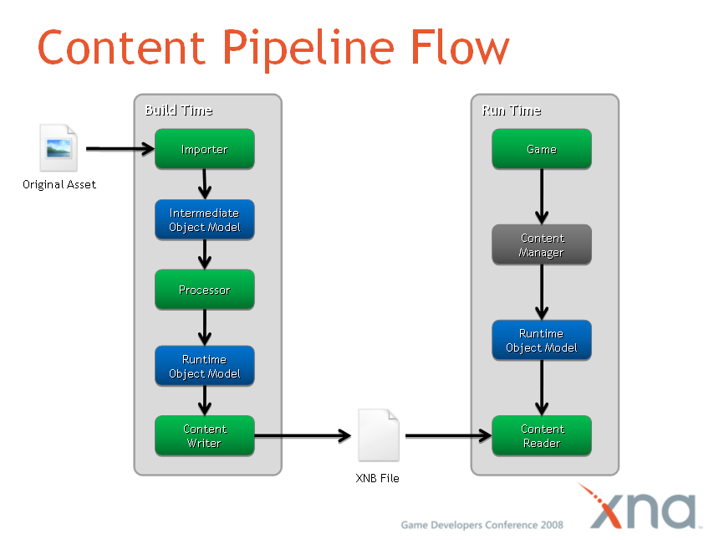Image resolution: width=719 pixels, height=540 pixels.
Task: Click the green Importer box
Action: tap(204, 149)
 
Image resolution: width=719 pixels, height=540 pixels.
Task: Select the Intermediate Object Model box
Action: tap(204, 220)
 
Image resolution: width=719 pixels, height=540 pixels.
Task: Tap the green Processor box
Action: tap(204, 290)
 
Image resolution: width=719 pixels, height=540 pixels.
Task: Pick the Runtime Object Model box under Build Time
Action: tap(204, 366)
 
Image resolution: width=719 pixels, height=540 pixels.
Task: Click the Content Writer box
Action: tap(204, 435)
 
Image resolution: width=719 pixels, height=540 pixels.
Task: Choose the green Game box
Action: tap(541, 149)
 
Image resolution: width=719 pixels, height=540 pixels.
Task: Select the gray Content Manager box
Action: tap(541, 244)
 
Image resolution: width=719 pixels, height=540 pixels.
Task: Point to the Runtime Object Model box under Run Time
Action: tap(541, 340)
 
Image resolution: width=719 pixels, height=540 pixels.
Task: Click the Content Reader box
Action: tap(541, 435)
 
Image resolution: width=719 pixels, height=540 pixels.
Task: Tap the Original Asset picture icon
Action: tap(59, 148)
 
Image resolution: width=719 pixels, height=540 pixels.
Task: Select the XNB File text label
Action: tap(378, 478)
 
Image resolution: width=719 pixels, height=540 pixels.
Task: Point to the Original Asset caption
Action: tap(59, 184)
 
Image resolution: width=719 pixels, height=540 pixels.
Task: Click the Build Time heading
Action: tap(178, 111)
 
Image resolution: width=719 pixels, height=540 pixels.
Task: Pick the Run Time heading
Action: tap(511, 111)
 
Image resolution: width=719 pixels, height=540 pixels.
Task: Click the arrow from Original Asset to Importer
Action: tap(120, 149)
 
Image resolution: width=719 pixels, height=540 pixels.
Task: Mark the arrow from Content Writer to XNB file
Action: tap(302, 435)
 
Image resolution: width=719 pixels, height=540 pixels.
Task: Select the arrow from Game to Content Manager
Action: tap(542, 196)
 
